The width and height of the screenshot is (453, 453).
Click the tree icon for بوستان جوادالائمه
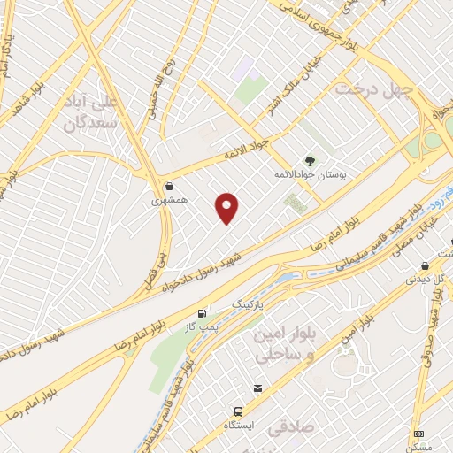coord(310,161)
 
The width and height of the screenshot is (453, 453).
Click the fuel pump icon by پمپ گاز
coord(203,313)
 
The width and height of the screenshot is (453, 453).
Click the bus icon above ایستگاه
coord(239,411)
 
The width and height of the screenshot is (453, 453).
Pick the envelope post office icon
coord(257,388)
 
